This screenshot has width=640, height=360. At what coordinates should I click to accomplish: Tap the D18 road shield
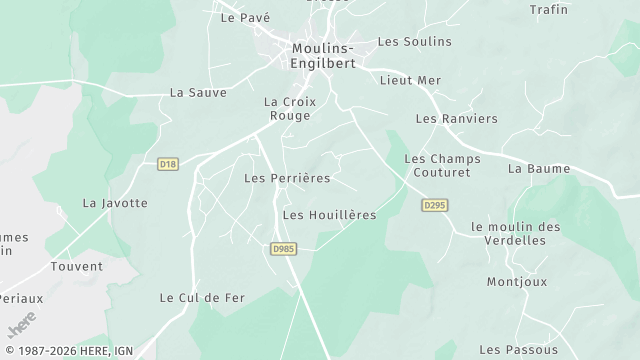(168, 163)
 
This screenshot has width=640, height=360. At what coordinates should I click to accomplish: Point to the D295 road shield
(432, 204)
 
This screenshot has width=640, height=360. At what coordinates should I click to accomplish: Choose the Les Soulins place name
(414, 42)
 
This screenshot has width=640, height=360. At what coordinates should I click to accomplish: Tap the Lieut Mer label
(410, 79)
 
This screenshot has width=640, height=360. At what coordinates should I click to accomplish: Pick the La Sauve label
(198, 92)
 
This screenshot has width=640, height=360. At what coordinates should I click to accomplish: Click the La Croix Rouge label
(287, 109)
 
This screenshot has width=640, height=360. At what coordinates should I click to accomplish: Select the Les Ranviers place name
(456, 119)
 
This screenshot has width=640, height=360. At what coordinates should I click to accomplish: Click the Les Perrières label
(287, 178)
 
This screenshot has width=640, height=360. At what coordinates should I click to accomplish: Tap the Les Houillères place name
(329, 215)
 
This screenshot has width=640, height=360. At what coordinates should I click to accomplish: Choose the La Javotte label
(115, 203)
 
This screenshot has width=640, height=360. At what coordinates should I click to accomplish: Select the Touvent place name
(77, 267)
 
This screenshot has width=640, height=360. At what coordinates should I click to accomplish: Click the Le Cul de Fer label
(201, 298)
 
